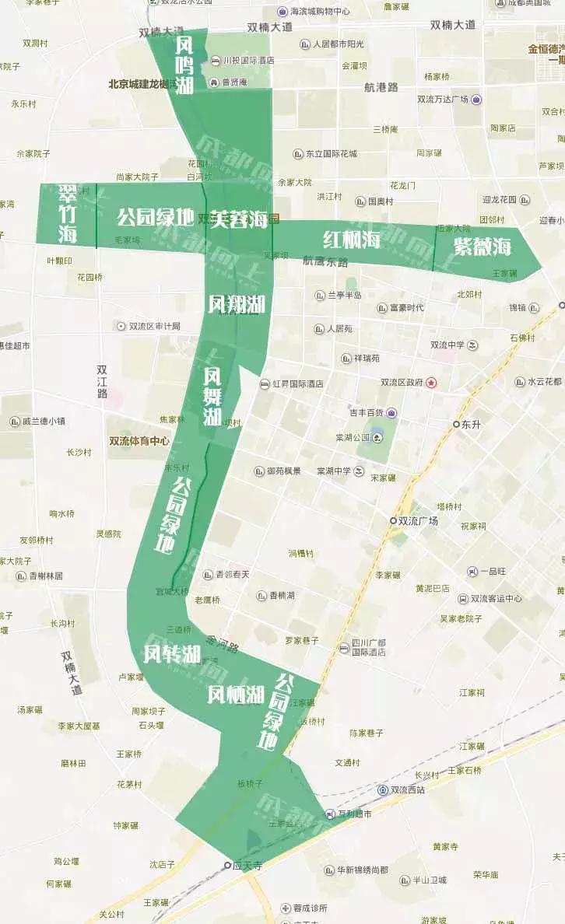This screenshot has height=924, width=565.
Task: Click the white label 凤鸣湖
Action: pos(184,65)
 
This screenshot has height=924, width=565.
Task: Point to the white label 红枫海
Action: pos(352,240)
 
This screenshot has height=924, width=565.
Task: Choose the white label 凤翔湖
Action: pos(237,304)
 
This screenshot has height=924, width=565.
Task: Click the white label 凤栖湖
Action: pos(236,695)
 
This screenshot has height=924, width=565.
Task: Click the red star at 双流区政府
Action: pos(431,383)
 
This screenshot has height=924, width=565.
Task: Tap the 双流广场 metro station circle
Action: pos(394,521)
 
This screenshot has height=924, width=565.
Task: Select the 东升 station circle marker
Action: pos(457,425)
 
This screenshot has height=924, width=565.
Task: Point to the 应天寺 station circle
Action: pos(228,865)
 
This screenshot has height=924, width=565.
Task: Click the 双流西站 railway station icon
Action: pos(383,790)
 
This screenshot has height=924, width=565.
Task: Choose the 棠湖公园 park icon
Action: pos(377,438)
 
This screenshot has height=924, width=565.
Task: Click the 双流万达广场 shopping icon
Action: pos(476,100)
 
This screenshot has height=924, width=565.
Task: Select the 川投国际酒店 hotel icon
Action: pos(216,60)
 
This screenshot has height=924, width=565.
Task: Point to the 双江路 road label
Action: pos(102,382)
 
